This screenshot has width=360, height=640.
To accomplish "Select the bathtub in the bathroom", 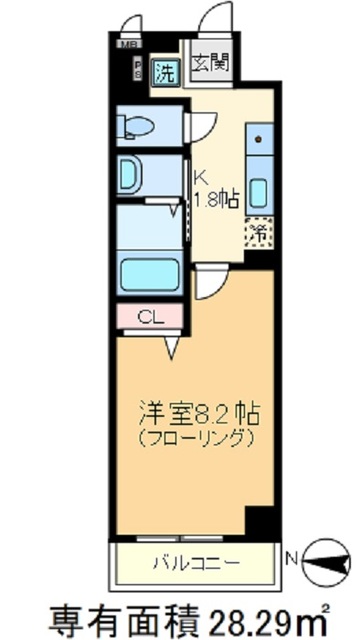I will (x=148, y=271).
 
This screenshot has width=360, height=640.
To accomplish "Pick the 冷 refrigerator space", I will (x=257, y=233).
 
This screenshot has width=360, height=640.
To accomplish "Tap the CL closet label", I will (x=149, y=318).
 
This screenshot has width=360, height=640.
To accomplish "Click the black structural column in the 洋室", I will (x=259, y=522).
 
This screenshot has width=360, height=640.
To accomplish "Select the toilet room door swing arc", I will (x=203, y=127).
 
